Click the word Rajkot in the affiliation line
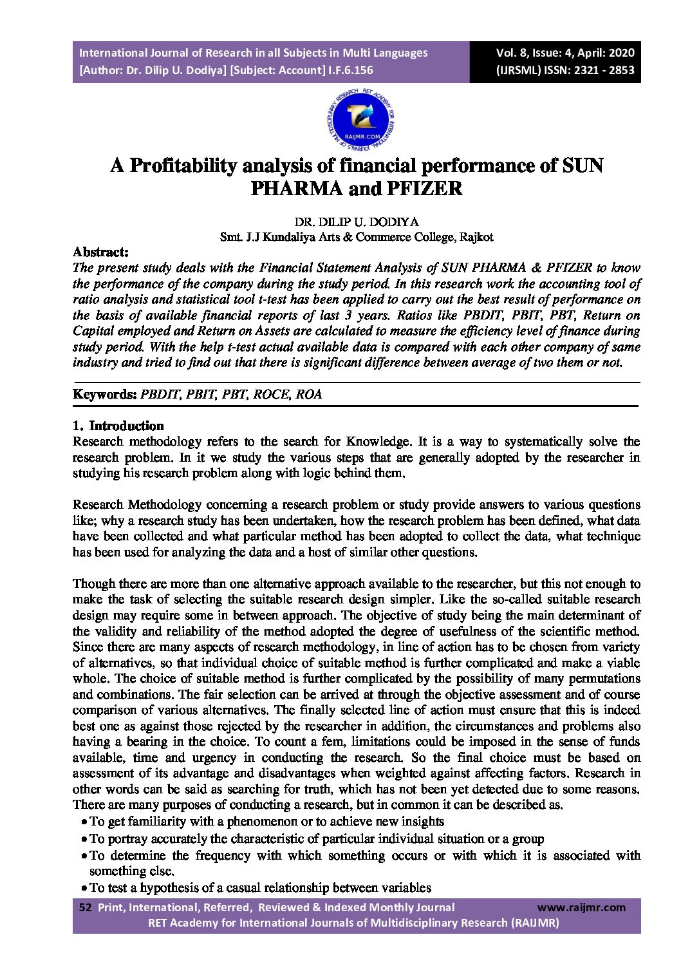[475, 236]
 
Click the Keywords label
[104, 394]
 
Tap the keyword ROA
[309, 394]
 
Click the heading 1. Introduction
[118, 426]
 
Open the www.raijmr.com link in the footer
[581, 907]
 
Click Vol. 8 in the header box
[512, 53]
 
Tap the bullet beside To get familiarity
[85, 822]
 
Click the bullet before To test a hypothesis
[85, 889]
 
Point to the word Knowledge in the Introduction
[378, 442]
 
